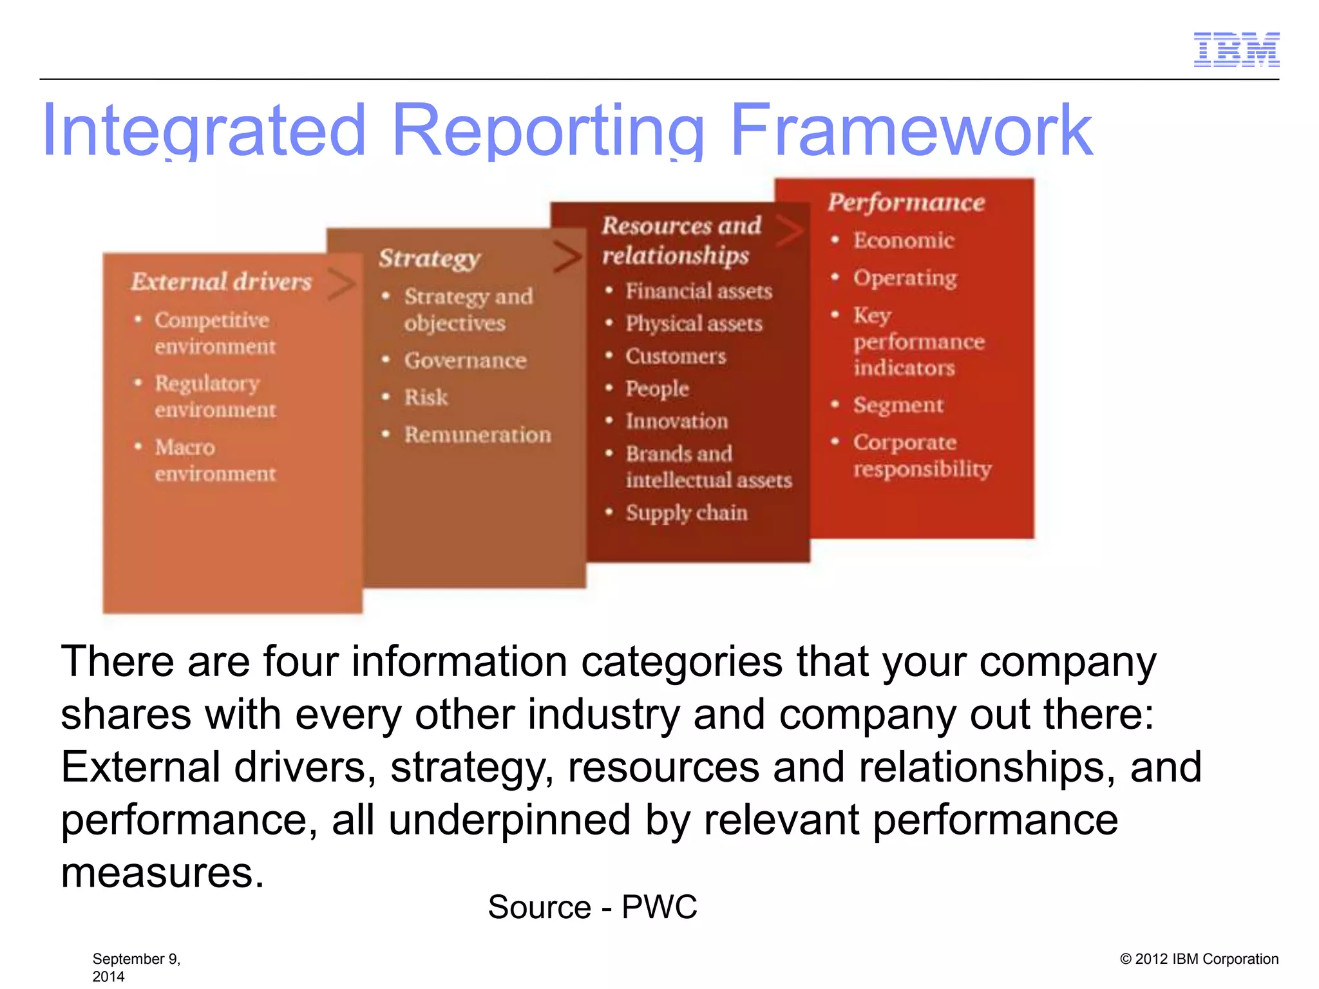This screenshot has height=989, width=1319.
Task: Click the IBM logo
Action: (1236, 50)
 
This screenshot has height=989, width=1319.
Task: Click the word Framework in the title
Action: (911, 131)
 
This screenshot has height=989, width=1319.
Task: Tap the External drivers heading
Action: (221, 281)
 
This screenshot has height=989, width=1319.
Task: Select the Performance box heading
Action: (906, 202)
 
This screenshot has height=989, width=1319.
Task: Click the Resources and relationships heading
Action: (681, 240)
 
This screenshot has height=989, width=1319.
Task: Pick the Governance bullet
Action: (465, 360)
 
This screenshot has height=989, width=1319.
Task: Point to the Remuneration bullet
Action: (477, 435)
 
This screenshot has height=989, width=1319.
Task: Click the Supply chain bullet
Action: (686, 513)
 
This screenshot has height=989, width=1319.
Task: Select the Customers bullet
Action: (676, 356)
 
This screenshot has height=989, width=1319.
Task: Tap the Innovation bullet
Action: (676, 421)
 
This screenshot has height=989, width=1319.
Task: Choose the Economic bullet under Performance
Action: (903, 240)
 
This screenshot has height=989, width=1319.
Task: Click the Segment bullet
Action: (898, 405)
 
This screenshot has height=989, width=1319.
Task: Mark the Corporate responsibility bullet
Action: (921, 455)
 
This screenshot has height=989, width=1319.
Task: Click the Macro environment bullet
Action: (214, 460)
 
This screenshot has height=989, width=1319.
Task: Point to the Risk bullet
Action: (426, 397)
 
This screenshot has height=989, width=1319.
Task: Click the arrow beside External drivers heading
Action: (341, 284)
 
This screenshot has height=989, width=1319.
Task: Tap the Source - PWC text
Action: (592, 907)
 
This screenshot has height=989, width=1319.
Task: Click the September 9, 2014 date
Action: (136, 966)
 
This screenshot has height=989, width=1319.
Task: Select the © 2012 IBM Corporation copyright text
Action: (1199, 959)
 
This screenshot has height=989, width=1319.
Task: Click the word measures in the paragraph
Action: (162, 873)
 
